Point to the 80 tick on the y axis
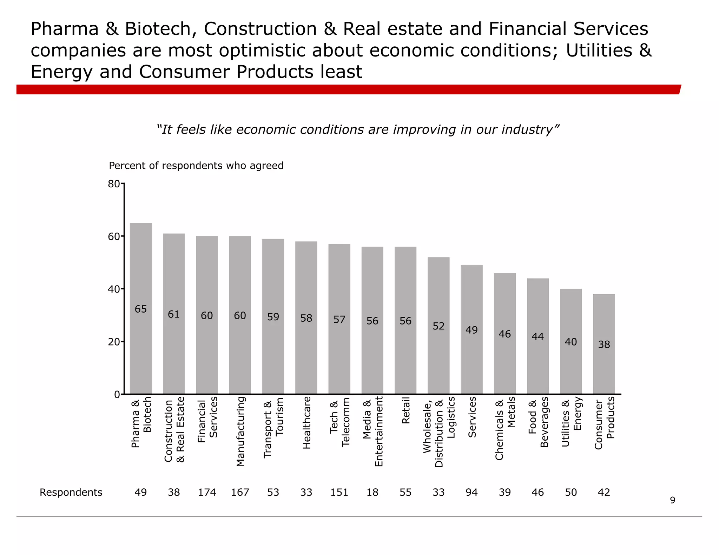114,184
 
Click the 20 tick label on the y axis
114,342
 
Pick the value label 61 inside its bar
174,314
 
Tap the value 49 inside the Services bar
471,330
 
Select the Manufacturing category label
240,432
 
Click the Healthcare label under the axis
306,422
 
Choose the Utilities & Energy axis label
571,421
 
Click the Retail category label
406,410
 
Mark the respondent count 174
207,493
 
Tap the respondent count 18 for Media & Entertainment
372,493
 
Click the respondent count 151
339,493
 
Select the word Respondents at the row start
71,493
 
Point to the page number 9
672,500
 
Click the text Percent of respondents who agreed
196,166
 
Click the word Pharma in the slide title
65,29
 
